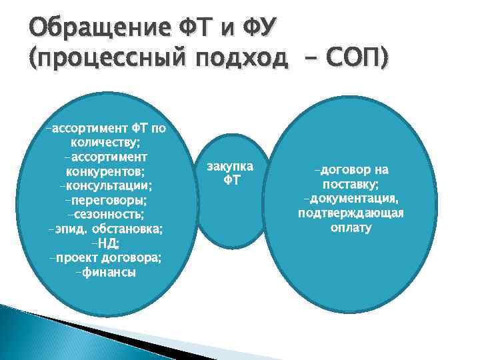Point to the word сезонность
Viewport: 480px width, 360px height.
click(x=107, y=214)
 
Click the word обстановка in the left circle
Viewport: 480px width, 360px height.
click(x=131, y=229)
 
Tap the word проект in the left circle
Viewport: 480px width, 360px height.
click(x=73, y=258)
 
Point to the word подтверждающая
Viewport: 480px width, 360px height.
click(x=351, y=213)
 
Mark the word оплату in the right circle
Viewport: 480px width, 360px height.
click(x=351, y=228)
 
